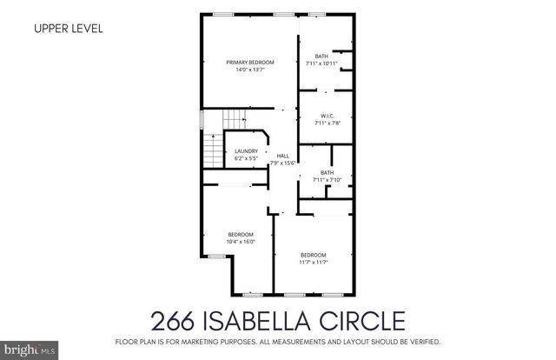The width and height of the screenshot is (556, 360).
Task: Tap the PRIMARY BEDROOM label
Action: coord(250,63)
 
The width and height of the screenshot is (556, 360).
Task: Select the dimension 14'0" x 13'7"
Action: coord(250,70)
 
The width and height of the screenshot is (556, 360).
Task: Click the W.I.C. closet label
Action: coord(328,116)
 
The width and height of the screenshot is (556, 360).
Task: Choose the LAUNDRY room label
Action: coord(246,152)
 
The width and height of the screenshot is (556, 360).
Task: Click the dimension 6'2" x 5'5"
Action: coord(246,160)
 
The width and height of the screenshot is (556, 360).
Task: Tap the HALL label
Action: coord(282,156)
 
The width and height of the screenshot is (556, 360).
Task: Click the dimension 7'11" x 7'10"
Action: coord(327,180)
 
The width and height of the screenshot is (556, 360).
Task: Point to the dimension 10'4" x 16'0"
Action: coord(241,242)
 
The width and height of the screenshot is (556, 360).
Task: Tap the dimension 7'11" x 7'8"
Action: coord(328,123)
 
